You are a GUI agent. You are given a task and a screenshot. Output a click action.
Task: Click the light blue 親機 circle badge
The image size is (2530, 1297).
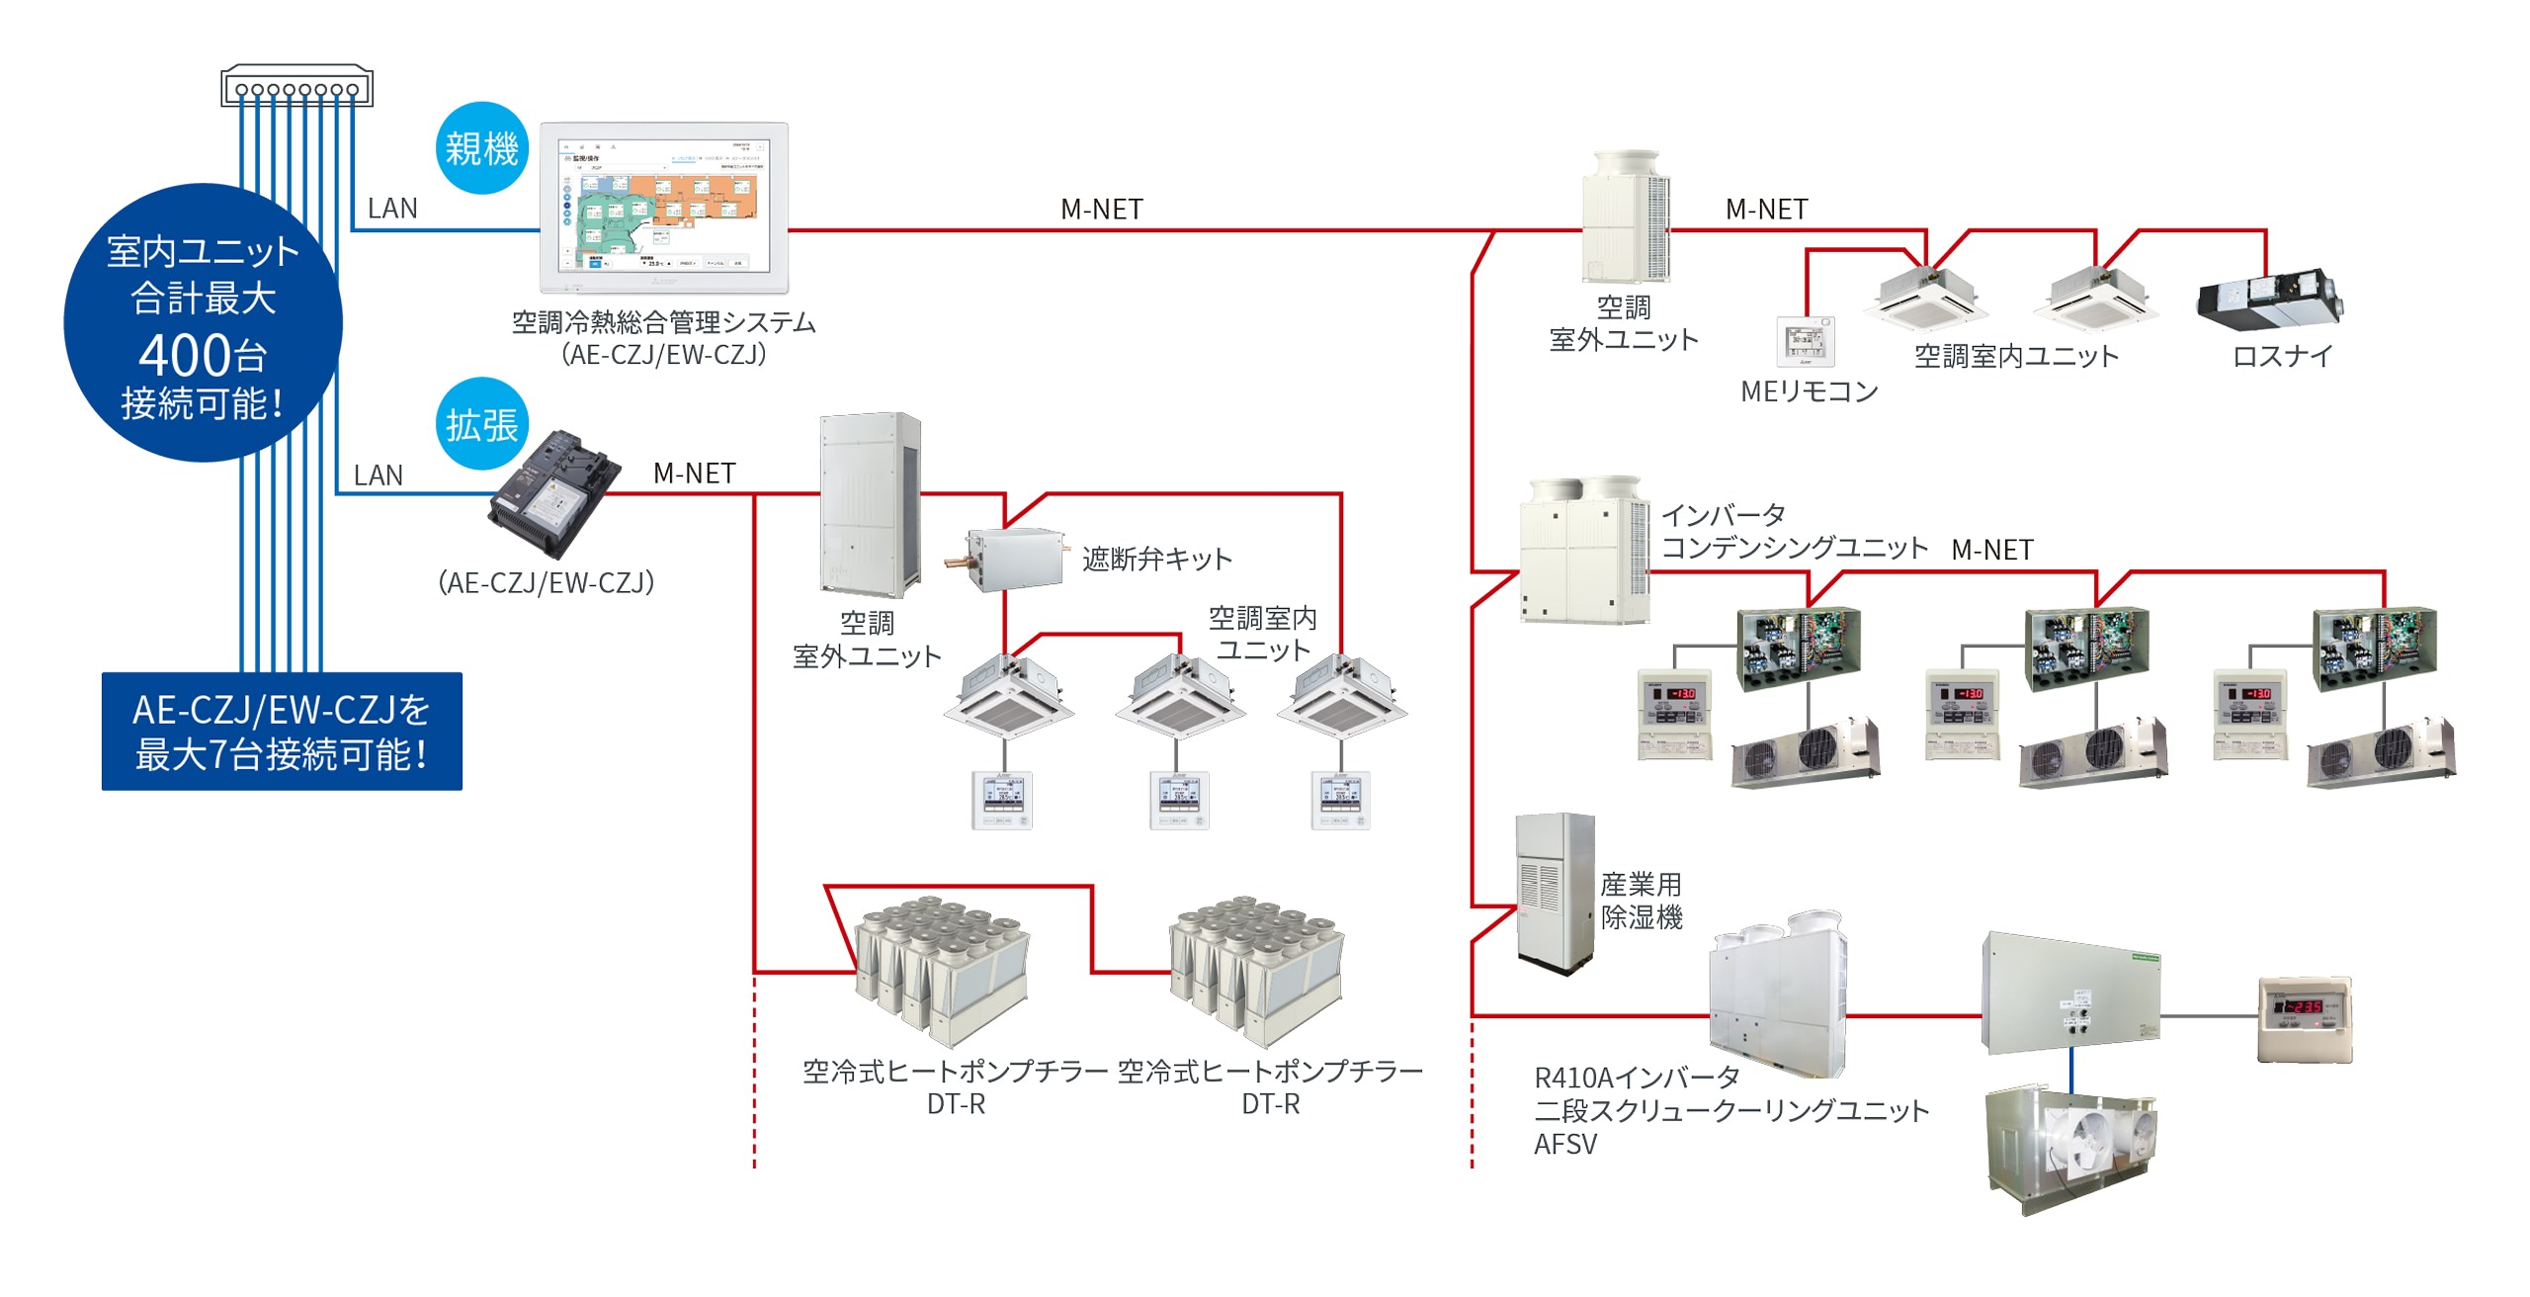(x=482, y=148)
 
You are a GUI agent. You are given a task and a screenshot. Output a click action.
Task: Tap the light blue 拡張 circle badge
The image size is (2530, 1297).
(x=482, y=424)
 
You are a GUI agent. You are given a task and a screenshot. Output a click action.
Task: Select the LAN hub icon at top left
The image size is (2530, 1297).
(x=296, y=86)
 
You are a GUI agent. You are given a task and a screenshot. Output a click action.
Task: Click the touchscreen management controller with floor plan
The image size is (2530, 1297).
(x=664, y=208)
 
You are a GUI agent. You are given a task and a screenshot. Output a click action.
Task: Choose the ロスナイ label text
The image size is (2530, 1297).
(x=2282, y=356)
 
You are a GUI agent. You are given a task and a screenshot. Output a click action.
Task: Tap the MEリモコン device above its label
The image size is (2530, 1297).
(x=1806, y=341)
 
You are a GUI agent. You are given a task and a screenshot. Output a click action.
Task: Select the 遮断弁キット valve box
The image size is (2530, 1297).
(x=1014, y=559)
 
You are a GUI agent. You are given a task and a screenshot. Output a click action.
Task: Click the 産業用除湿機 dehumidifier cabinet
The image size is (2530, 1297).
(x=1555, y=893)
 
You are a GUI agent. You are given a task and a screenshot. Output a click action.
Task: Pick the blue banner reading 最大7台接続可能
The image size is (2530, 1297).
(x=282, y=732)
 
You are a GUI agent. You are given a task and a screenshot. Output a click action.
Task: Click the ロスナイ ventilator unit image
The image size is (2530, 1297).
(x=2268, y=302)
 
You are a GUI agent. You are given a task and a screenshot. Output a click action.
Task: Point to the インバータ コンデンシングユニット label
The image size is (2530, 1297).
(x=1794, y=531)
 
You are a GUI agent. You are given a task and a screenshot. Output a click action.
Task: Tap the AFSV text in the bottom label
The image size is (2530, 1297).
(x=1565, y=1144)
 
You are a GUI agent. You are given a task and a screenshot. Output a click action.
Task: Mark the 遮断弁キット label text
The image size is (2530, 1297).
(x=1156, y=559)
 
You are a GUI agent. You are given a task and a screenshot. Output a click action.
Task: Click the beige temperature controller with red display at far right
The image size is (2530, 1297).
(x=2305, y=1019)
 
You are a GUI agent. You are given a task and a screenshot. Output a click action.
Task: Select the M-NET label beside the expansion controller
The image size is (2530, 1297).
(x=694, y=474)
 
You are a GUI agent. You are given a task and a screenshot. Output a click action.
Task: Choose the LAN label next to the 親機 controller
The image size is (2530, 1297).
(x=392, y=209)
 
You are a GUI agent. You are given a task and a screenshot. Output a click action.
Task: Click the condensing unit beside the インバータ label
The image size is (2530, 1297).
(x=1584, y=550)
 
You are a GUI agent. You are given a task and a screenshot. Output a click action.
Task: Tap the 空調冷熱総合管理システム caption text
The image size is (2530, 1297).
(x=663, y=322)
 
